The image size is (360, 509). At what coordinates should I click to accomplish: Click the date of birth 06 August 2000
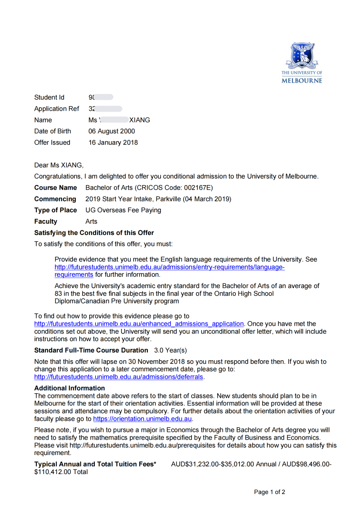point(112,131)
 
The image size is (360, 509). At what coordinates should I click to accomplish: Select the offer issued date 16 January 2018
point(113,142)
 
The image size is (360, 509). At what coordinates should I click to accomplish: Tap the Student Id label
point(49,97)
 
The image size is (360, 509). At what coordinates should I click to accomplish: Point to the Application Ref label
point(57,108)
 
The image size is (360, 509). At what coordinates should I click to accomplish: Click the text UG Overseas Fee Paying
point(123,210)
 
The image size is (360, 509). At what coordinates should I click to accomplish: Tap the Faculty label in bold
point(46,221)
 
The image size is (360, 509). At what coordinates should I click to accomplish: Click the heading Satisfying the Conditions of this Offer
point(94,233)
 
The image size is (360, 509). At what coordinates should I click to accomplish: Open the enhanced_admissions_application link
point(139,324)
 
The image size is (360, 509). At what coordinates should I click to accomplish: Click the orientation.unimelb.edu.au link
point(143,419)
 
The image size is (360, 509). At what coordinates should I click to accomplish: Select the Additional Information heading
point(69,388)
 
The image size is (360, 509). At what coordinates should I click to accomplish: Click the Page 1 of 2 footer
point(269,492)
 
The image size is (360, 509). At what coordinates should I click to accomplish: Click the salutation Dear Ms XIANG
point(59,165)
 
